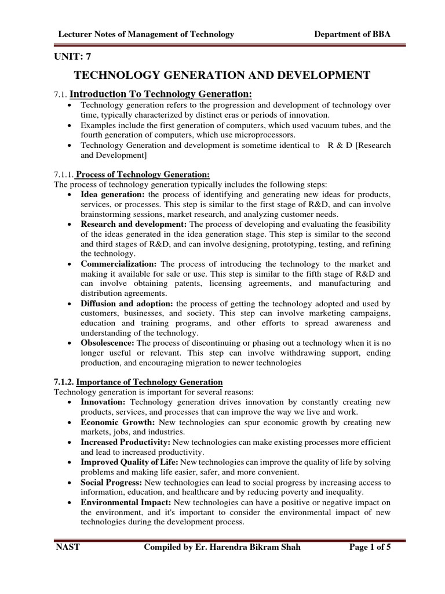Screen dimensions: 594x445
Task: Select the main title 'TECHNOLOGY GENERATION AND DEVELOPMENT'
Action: tap(222, 75)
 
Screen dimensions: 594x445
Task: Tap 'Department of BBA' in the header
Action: tap(352, 35)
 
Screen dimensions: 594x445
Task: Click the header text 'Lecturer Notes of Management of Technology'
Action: tap(147, 35)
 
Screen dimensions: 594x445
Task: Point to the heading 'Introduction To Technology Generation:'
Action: tap(161, 95)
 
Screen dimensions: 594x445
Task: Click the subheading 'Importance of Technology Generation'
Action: tap(149, 382)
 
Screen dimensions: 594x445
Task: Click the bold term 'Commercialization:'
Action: tap(119, 263)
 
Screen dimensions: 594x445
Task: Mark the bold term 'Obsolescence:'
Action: tap(107, 343)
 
